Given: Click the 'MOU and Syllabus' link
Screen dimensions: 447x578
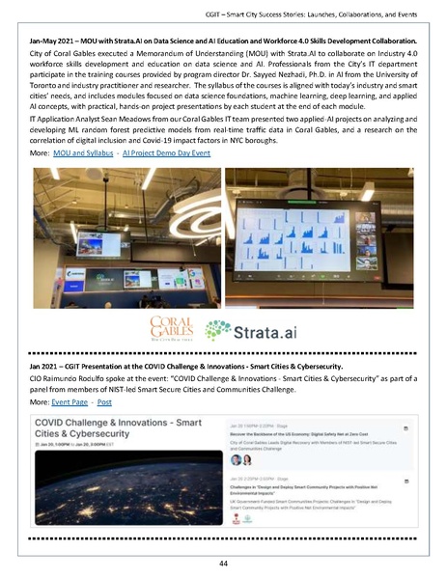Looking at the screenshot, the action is [x=83, y=153].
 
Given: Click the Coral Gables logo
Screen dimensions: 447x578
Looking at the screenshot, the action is [x=172, y=328].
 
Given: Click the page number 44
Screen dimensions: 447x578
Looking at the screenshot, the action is [x=223, y=562].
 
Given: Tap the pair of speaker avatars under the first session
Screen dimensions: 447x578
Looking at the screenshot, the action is [x=237, y=459].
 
